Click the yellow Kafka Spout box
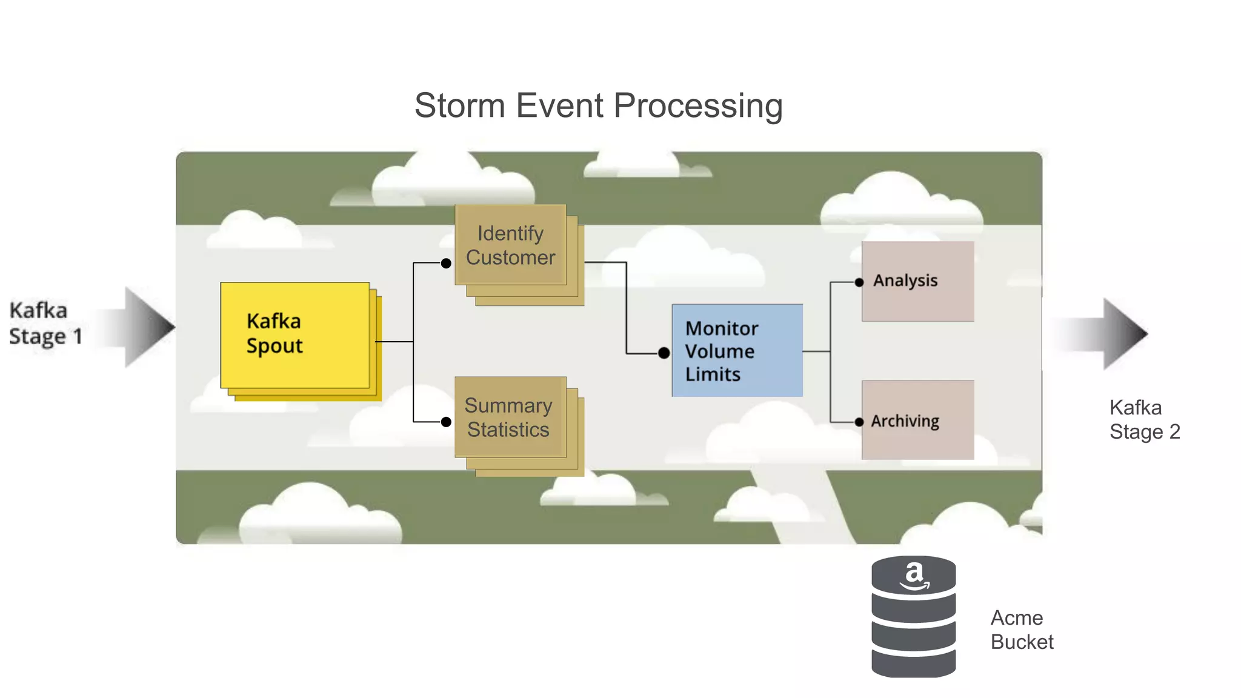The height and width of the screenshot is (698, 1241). [x=295, y=334]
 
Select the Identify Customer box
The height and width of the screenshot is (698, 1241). [x=510, y=245]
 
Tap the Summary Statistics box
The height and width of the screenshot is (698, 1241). [x=509, y=417]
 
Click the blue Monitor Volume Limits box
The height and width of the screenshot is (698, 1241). [x=737, y=351]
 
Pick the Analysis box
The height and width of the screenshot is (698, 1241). [x=917, y=281]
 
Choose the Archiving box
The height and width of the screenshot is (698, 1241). [x=917, y=420]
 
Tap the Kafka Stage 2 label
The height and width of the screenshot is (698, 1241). [x=1144, y=420]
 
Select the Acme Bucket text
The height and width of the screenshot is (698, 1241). [x=1022, y=630]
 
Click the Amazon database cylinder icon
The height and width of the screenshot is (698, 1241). [x=913, y=624]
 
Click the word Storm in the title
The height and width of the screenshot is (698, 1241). [x=459, y=105]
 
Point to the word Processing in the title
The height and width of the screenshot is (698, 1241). [x=698, y=107]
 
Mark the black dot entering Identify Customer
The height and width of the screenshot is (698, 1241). [x=446, y=264]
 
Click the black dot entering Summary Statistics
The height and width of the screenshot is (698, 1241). [x=446, y=422]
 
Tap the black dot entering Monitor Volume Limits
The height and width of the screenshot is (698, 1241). [x=664, y=353]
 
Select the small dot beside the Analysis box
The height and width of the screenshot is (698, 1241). [x=859, y=282]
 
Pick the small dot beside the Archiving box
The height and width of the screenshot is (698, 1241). [x=859, y=422]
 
